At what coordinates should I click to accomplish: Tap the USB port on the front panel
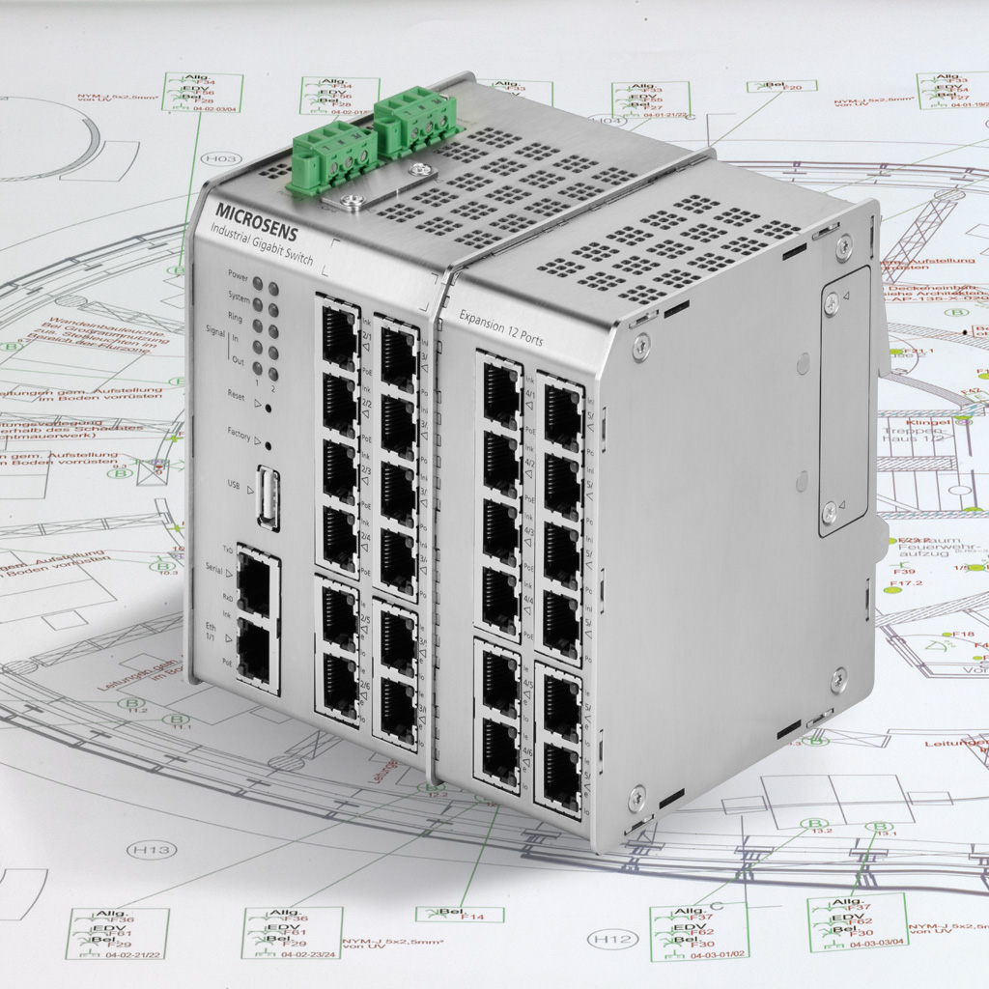tap(268, 497)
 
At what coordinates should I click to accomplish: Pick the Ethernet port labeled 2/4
tap(340, 537)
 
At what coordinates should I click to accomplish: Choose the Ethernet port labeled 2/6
tap(340, 682)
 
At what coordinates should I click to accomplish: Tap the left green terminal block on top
tap(331, 159)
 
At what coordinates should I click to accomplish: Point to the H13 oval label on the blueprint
tap(152, 850)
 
